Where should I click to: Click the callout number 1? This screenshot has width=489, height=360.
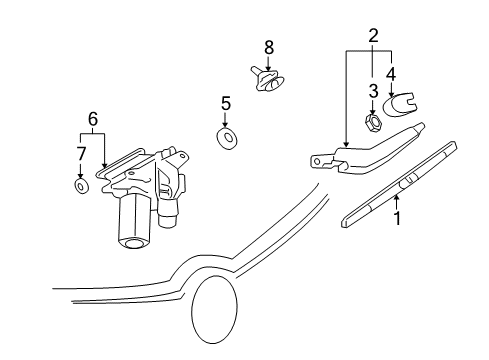coord(397,215)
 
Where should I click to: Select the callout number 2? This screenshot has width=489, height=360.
coord(372,37)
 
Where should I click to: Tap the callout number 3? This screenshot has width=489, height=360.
coord(372,91)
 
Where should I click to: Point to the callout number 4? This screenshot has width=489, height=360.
coord(391,72)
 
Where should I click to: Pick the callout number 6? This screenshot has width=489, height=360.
coord(93,118)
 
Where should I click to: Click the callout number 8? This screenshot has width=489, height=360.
coord(268,47)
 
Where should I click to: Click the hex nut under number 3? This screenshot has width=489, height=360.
coord(370,122)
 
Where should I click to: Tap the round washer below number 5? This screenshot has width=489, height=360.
coord(227,136)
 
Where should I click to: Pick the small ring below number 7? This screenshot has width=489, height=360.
coord(80,184)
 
